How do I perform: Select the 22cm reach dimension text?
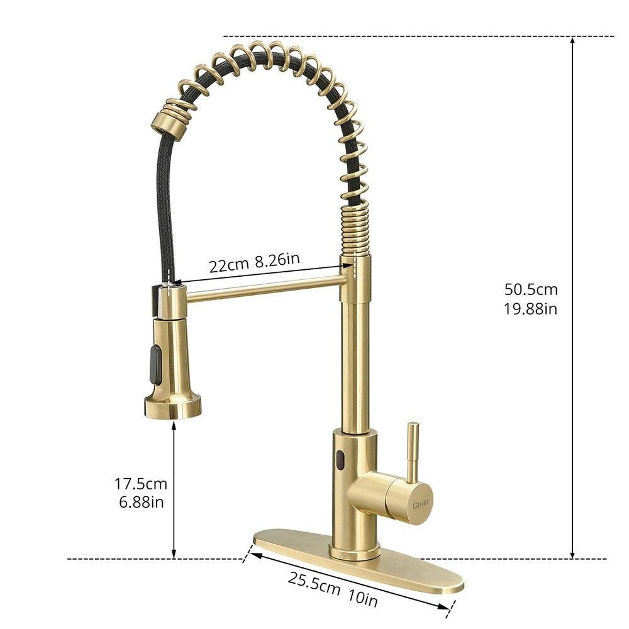[229, 265]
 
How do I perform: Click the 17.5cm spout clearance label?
[140, 484]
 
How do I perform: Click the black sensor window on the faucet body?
[340, 461]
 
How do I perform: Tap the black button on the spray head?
[153, 364]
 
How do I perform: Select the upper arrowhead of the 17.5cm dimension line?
[174, 426]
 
